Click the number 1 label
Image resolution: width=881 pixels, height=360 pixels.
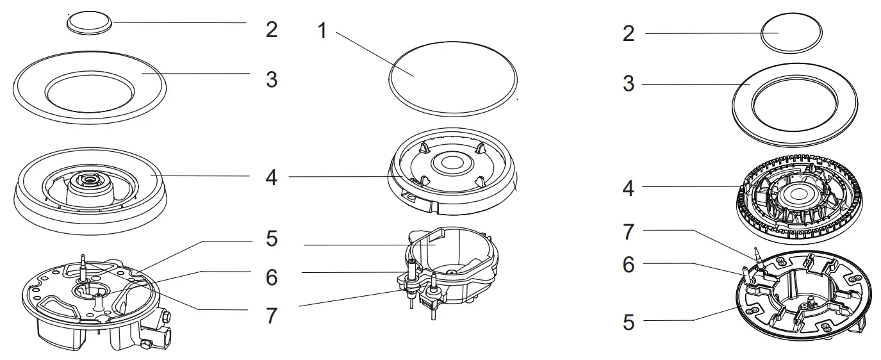[322, 29]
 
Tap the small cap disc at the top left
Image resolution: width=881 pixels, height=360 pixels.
[89, 23]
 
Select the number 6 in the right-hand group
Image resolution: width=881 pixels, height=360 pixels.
[629, 263]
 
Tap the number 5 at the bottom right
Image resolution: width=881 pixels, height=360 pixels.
[629, 322]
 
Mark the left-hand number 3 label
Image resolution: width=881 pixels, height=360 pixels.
[272, 80]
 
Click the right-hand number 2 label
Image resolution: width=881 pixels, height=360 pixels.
[629, 34]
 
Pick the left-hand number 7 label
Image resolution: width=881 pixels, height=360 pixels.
[272, 315]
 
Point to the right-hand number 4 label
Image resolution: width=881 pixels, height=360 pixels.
[629, 189]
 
